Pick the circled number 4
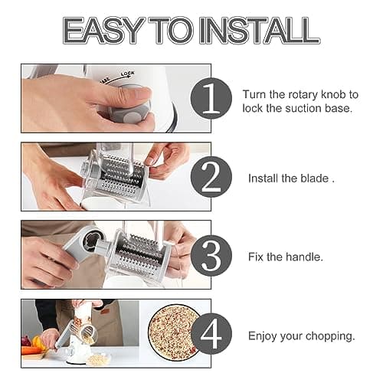pos(211,335)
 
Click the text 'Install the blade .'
pos(290,178)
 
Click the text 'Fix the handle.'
pos(284,257)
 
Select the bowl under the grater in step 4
pos(97,358)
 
